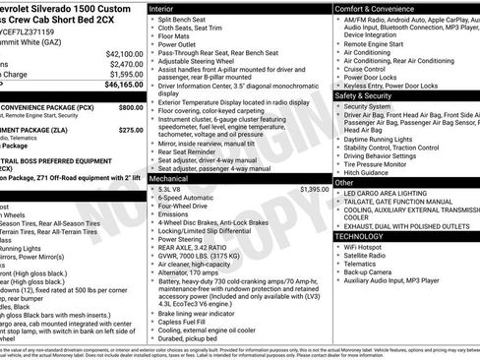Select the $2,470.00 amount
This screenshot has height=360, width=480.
coord(126,64)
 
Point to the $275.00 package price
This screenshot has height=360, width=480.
coord(131,129)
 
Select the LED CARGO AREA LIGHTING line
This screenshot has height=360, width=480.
coord(393,194)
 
